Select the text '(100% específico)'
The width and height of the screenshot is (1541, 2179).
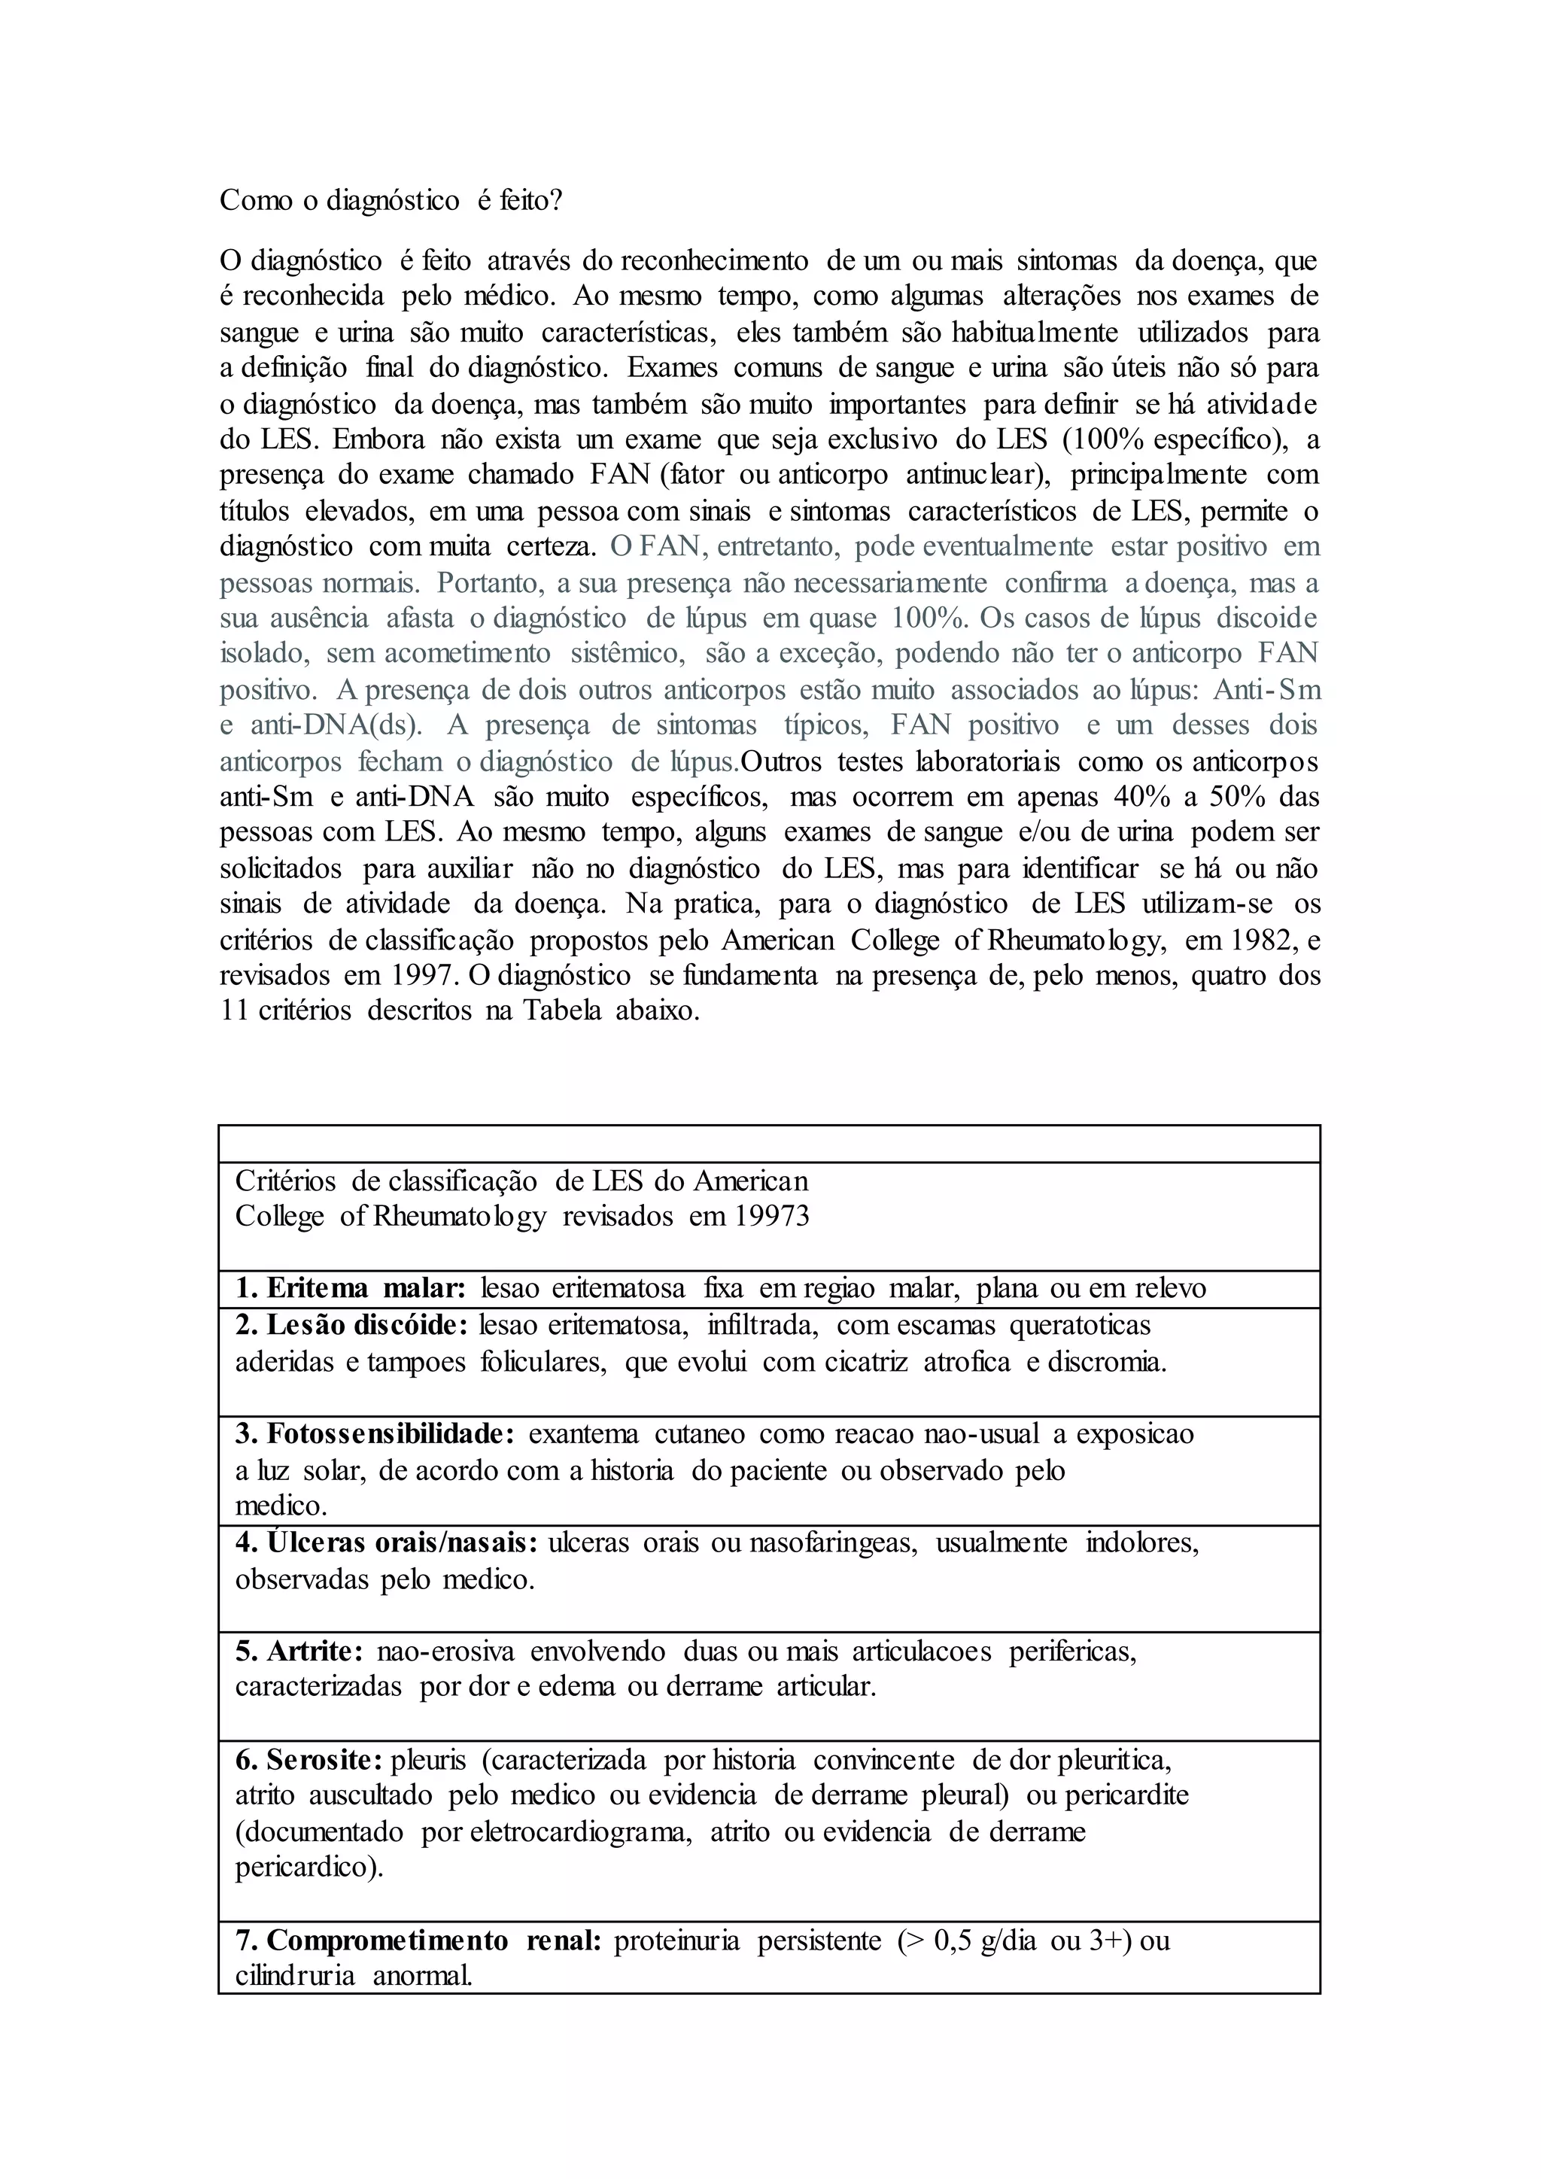1178,440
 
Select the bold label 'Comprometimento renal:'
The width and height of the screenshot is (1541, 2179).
418,1942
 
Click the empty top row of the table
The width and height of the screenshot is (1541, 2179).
768,1144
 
